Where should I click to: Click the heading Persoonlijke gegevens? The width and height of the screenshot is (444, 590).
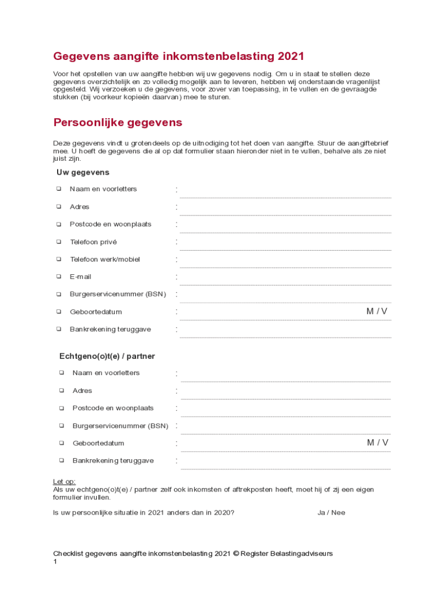[x=118, y=123]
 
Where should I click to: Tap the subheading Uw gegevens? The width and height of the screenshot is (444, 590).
[x=82, y=172]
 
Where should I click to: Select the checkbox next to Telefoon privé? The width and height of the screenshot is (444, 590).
[x=59, y=242]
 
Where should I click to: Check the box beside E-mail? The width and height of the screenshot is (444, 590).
[x=59, y=277]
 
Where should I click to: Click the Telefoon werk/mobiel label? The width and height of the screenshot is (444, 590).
[x=104, y=259]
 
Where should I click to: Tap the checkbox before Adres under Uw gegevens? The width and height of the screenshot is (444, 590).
[x=59, y=206]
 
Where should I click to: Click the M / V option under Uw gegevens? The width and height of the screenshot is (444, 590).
[x=377, y=312]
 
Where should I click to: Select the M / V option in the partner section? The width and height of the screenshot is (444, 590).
[x=378, y=443]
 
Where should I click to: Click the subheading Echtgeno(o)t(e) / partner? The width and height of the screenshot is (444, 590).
[x=107, y=356]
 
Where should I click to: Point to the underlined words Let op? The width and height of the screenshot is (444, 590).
[x=64, y=482]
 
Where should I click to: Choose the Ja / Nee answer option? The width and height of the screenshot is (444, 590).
[x=331, y=512]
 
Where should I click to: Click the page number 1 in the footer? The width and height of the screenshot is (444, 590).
[x=55, y=562]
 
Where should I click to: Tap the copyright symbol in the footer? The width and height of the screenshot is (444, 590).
[x=235, y=554]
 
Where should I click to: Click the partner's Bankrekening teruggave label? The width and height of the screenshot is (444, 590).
[x=113, y=461]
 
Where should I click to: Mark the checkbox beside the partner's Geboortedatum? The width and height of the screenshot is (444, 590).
[x=61, y=443]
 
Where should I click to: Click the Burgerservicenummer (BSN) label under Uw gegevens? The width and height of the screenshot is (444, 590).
[x=118, y=294]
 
